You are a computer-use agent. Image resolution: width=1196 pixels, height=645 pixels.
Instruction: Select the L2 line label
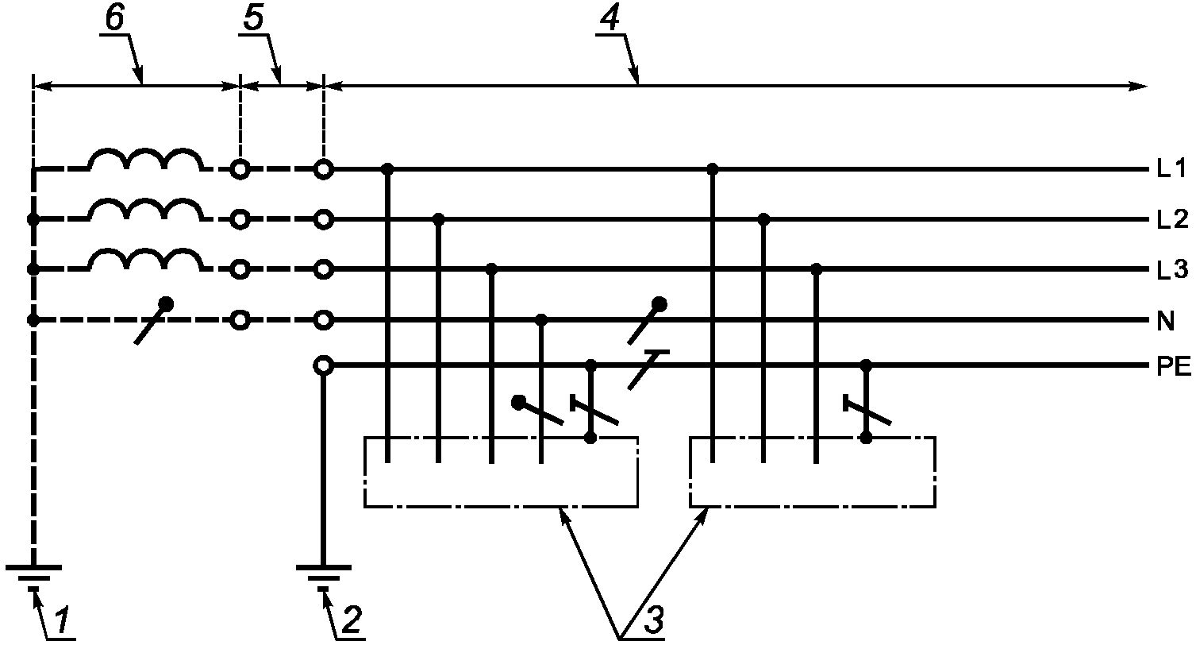[x=1172, y=219]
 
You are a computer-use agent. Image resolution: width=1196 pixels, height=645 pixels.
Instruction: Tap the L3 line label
[x=1172, y=271]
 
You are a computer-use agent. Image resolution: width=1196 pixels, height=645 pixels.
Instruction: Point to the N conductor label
[x=1166, y=322]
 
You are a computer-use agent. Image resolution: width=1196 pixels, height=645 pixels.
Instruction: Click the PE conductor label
[x=1174, y=367]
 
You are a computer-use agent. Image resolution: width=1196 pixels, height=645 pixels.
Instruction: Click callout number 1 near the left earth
[x=63, y=620]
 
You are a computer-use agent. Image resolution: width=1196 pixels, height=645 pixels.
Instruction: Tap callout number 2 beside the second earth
[x=352, y=620]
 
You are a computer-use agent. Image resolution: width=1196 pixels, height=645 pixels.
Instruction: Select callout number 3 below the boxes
[x=653, y=620]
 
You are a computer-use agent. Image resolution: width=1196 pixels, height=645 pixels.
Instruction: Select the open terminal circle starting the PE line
[x=324, y=366]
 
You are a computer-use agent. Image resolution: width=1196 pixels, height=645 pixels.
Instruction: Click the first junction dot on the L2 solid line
[x=438, y=219]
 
